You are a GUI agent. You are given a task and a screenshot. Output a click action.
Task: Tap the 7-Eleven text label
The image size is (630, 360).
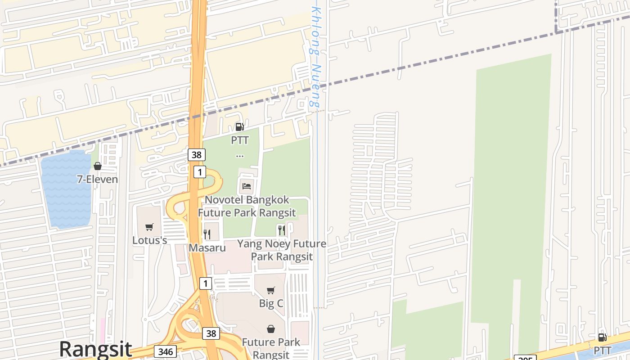point(97,180)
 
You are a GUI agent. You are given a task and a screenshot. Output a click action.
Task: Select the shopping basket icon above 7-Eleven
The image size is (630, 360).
point(97,166)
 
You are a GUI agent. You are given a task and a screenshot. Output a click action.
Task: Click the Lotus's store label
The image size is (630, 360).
point(149,240)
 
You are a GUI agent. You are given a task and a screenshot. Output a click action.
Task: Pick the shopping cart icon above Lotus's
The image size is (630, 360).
point(149,227)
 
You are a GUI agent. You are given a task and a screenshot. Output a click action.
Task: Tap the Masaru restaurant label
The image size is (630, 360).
point(207,247)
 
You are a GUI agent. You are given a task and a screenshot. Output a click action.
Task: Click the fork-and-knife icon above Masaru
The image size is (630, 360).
point(207,234)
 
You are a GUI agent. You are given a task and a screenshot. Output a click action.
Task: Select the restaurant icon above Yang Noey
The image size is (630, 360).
point(282,230)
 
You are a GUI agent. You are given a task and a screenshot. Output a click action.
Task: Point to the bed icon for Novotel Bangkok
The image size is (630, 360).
point(246,185)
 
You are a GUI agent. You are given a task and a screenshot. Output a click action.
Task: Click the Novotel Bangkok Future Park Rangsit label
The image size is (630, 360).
point(247,206)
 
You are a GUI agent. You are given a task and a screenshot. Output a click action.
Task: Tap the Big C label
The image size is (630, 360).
point(271,303)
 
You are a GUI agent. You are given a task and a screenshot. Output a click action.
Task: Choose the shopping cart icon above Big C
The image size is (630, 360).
point(270,291)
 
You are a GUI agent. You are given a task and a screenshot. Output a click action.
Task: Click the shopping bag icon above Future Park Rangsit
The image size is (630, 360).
point(270,329)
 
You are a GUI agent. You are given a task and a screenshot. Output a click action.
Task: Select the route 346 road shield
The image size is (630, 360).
point(165,351)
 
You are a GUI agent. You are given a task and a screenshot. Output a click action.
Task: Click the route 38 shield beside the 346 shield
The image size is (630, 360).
point(211,333)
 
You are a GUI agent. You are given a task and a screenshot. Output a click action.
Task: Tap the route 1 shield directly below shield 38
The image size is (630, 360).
point(200,172)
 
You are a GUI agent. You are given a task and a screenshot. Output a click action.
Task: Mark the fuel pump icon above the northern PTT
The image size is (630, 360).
point(240,127)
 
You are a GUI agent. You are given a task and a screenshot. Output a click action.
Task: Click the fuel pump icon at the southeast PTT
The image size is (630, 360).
point(602,337)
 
